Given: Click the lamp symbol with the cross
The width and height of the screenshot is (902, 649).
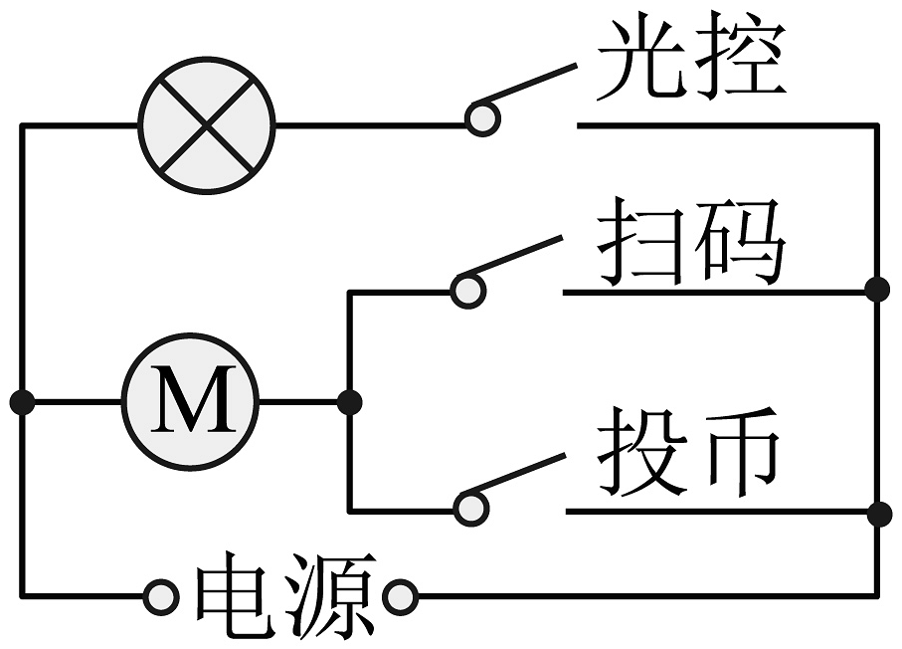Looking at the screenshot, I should (206, 126).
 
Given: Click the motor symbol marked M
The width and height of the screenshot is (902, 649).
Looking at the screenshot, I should (190, 402).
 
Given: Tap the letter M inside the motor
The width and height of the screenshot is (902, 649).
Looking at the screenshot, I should (190, 402).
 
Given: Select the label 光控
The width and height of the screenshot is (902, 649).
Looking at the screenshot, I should (691, 62).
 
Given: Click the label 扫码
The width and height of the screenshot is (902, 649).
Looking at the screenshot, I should (691, 242).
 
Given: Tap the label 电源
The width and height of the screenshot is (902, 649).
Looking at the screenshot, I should (283, 596).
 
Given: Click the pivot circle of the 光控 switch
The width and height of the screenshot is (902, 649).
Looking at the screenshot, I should (483, 118).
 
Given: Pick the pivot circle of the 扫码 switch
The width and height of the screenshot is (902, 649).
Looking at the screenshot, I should (467, 290).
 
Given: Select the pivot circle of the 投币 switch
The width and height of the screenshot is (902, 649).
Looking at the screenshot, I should (470, 510).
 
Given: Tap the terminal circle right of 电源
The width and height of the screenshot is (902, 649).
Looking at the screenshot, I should (400, 597).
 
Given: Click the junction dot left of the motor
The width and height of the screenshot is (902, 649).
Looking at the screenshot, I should (22, 402).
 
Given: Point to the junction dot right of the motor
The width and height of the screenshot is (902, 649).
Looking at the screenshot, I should (349, 402).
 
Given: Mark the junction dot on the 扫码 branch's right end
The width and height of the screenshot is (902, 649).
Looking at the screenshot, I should (876, 290).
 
